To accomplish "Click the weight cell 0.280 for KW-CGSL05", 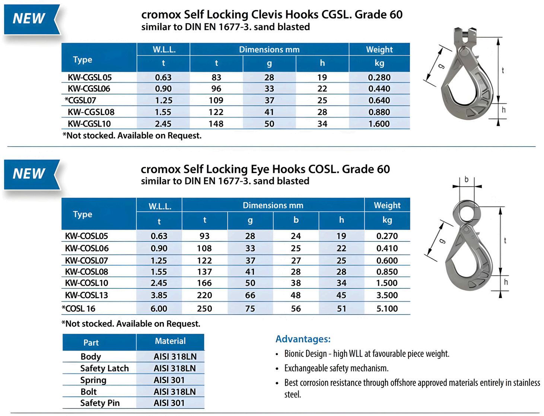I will tap(379, 77).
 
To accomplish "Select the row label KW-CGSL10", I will tap(89, 124).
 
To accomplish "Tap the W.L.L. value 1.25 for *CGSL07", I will tap(163, 100).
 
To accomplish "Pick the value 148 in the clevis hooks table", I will tap(216, 124).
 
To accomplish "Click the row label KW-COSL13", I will tap(86, 295).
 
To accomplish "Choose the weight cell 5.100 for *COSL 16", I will tap(387, 308).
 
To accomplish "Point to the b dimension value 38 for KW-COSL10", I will tap(296, 283).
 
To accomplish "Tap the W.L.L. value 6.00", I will tap(159, 308).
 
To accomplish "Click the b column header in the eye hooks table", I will tap(296, 220).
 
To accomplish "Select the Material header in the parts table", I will tap(170, 341).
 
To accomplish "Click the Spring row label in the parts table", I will tap(93, 380).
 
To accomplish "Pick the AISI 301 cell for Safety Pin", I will tap(169, 403).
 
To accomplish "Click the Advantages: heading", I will tap(303, 339).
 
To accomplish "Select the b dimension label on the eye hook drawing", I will tap(467, 180).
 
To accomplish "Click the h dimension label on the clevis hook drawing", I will tap(503, 110).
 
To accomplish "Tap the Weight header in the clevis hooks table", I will tap(379, 49).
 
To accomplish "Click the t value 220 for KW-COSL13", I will tap(204, 295).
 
